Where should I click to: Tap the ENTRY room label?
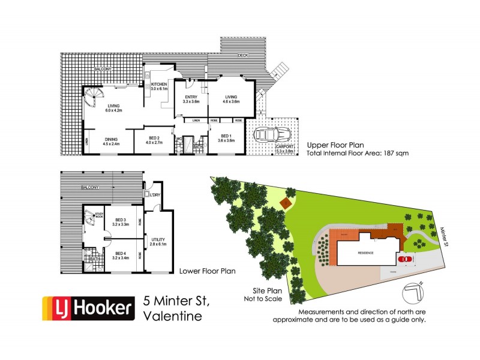click(x=191, y=99)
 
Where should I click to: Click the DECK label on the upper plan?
click(x=243, y=55)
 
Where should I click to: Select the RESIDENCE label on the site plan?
click(x=366, y=253)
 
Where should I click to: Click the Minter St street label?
click(x=445, y=230)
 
